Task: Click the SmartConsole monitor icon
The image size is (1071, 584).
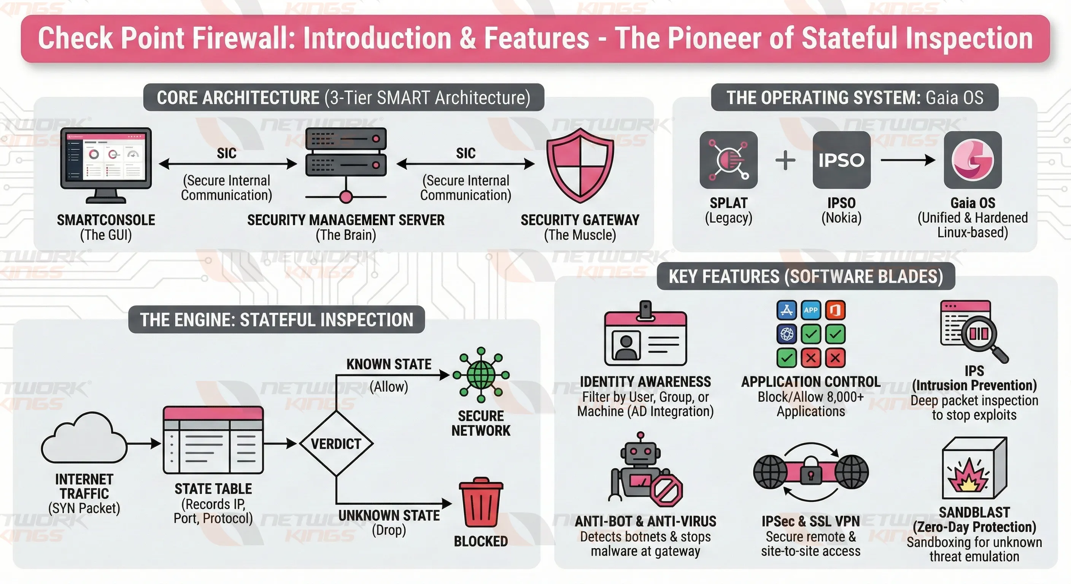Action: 106,160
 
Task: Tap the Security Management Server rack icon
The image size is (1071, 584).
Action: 346,152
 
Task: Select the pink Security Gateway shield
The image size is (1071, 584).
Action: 580,165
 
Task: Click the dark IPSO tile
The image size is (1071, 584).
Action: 842,160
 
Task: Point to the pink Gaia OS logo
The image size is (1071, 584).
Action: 972,160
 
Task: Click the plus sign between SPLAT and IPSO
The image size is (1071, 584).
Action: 785,160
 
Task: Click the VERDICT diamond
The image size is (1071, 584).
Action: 336,443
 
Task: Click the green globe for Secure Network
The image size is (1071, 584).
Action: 481,375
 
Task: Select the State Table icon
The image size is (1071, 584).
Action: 213,440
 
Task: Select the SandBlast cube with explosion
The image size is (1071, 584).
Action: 974,469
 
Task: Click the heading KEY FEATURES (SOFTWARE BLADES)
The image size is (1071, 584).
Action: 806,276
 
